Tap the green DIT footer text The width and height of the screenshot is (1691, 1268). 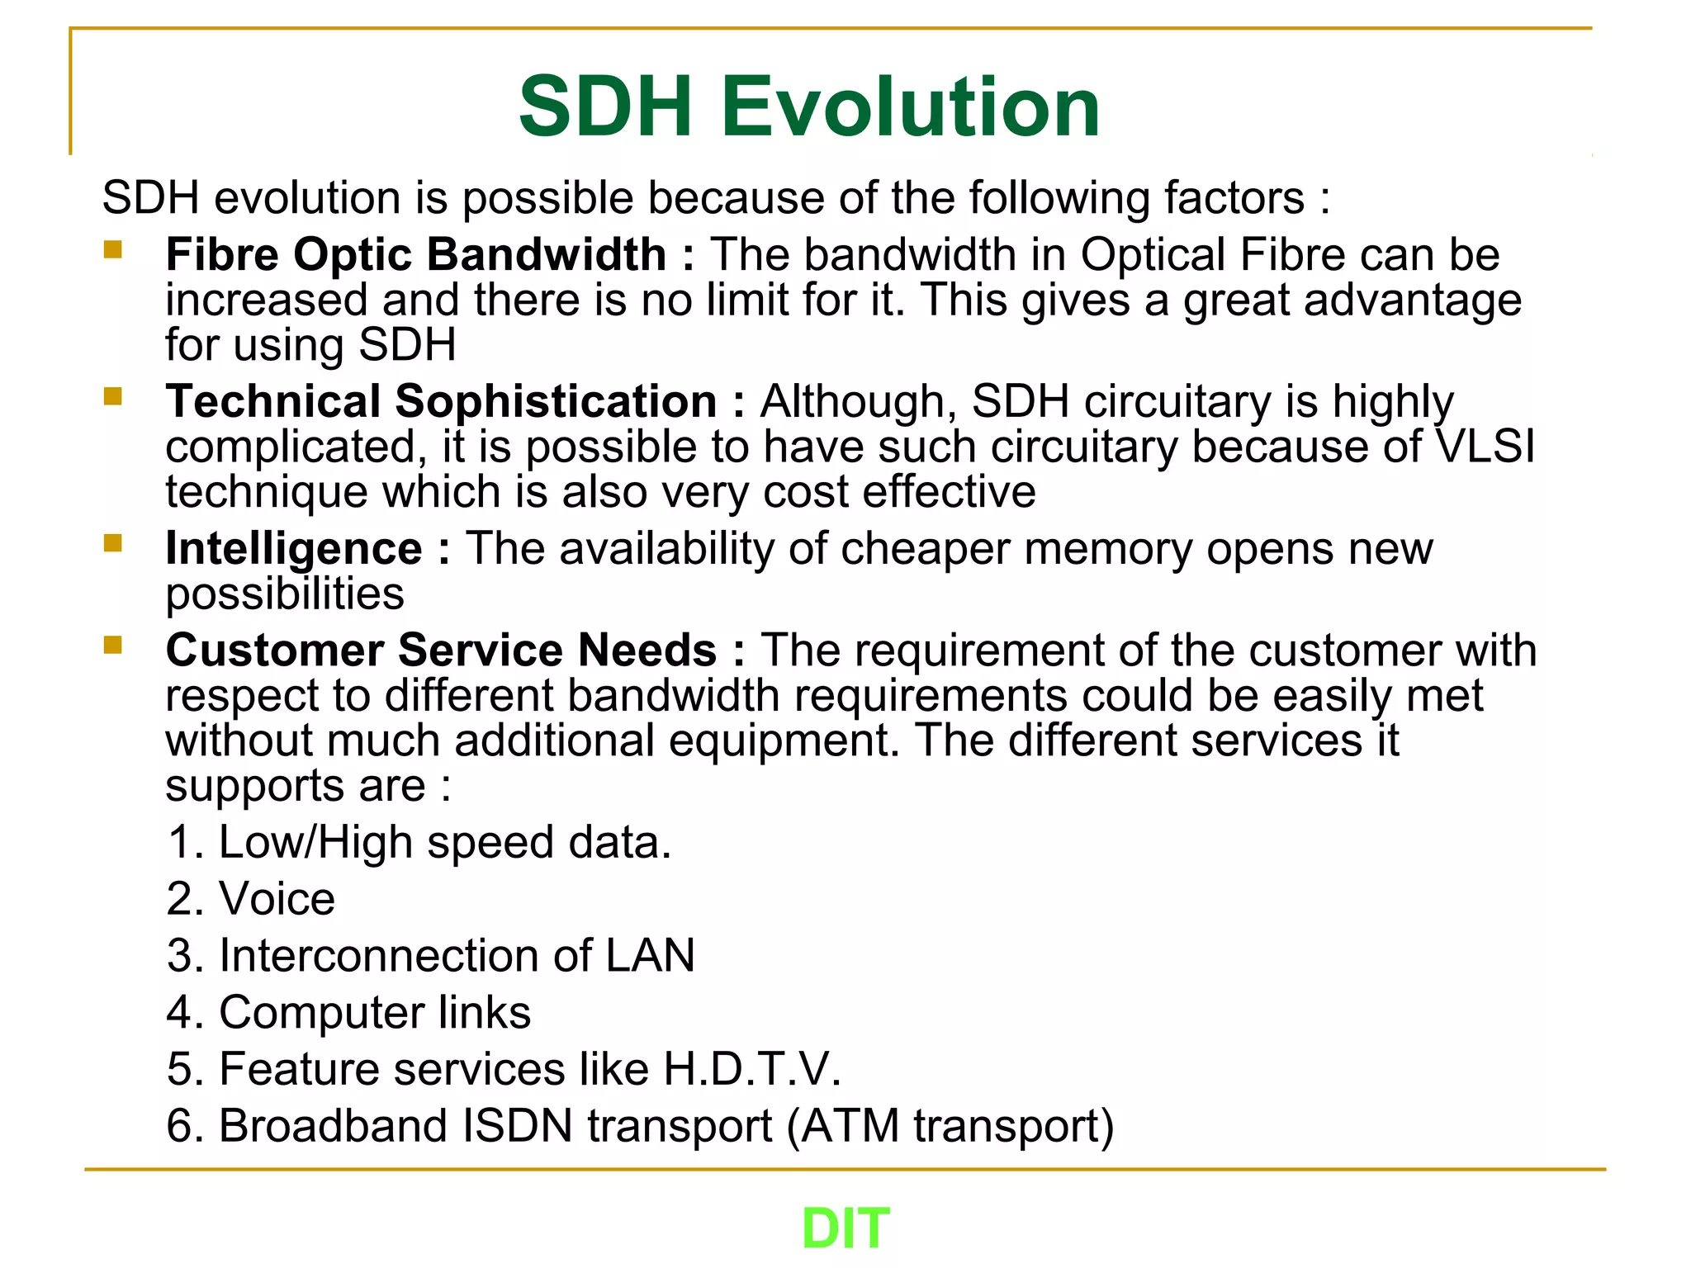click(x=845, y=1228)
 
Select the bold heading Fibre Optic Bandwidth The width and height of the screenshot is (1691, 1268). click(x=415, y=254)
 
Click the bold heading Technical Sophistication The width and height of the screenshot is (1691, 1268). click(x=441, y=402)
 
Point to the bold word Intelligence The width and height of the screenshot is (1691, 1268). click(x=294, y=549)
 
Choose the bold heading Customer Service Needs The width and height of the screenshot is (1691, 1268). click(x=441, y=651)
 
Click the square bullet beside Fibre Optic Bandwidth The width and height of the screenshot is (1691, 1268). click(x=113, y=249)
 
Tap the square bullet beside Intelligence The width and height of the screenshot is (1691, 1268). click(x=113, y=543)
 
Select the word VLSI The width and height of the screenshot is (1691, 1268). click(x=1485, y=447)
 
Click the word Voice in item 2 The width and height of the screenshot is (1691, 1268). click(x=277, y=899)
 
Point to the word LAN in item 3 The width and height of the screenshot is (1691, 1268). click(x=650, y=956)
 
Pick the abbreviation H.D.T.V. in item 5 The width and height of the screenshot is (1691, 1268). click(x=752, y=1069)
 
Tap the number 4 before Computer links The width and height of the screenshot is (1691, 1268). click(x=180, y=1013)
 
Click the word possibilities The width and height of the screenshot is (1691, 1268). click(x=285, y=594)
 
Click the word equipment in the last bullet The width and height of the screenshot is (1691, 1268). click(x=784, y=740)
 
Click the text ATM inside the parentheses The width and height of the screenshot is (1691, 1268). click(x=849, y=1126)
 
